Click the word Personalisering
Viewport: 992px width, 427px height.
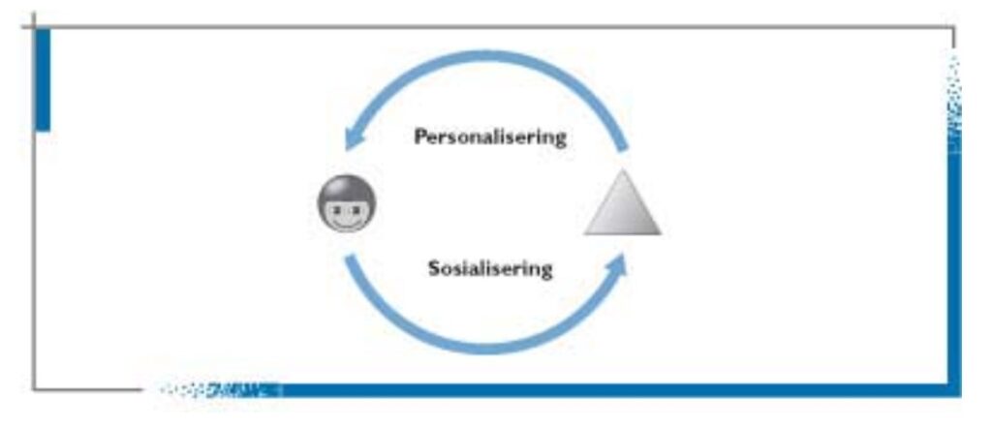pos(489,137)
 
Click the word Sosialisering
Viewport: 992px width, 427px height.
pos(490,268)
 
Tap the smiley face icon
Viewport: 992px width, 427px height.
pos(347,203)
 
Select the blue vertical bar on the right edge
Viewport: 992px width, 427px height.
pos(954,271)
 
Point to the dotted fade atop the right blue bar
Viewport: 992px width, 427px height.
pos(954,97)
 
